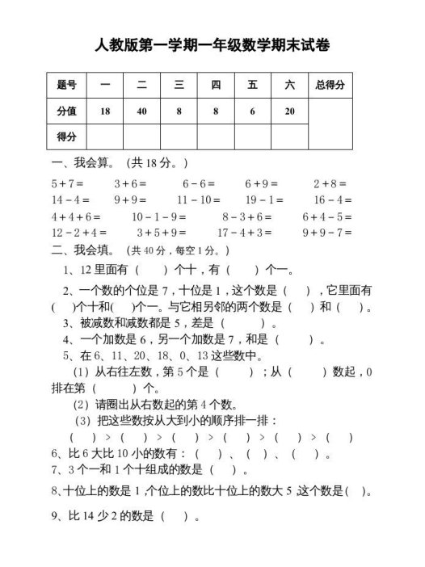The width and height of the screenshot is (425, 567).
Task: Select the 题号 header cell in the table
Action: click(x=67, y=85)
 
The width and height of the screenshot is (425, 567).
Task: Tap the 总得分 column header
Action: click(x=330, y=85)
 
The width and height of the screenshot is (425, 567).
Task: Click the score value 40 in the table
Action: click(x=141, y=111)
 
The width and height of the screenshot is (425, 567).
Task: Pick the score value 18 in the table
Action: click(x=104, y=111)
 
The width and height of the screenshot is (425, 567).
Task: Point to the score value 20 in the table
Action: click(x=289, y=111)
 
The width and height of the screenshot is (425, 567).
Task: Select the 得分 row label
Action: click(x=67, y=136)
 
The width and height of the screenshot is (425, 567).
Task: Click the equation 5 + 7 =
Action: click(x=67, y=183)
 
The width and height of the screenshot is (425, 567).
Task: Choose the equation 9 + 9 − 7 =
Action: click(x=328, y=233)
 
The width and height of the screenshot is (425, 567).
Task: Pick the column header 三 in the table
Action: click(x=178, y=85)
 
